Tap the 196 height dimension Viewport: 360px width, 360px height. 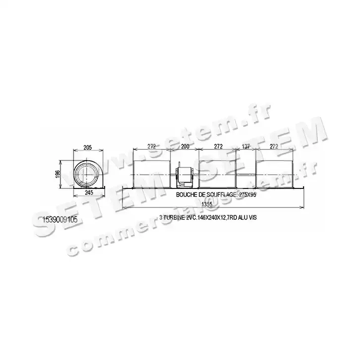pyautogui.click(x=58, y=174)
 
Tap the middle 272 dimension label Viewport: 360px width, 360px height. pyautogui.click(x=217, y=147)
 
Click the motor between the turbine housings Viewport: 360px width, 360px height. pyautogui.click(x=184, y=175)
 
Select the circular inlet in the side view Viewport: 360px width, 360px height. pyautogui.click(x=85, y=174)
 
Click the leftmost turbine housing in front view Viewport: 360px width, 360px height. pyautogui.click(x=151, y=171)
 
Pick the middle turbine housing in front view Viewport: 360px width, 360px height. pyautogui.click(x=217, y=171)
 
